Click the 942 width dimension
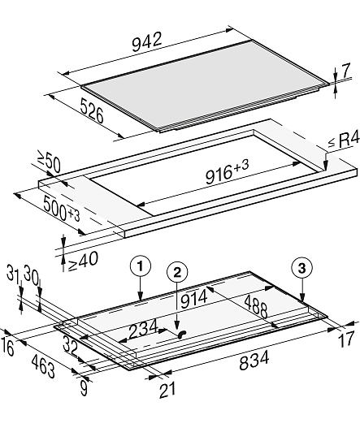(x=146, y=42)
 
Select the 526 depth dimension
(x=92, y=110)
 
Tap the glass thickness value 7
(x=345, y=71)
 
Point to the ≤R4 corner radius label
(x=344, y=140)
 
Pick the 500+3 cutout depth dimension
(x=62, y=210)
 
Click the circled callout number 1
(x=141, y=266)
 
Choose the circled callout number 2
(x=177, y=273)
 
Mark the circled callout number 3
(x=302, y=267)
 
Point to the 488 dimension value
(x=256, y=306)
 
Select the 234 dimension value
(x=143, y=328)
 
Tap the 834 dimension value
(x=254, y=360)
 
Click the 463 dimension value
(x=43, y=366)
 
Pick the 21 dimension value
(x=167, y=390)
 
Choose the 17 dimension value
(x=345, y=339)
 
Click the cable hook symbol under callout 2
(x=182, y=334)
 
